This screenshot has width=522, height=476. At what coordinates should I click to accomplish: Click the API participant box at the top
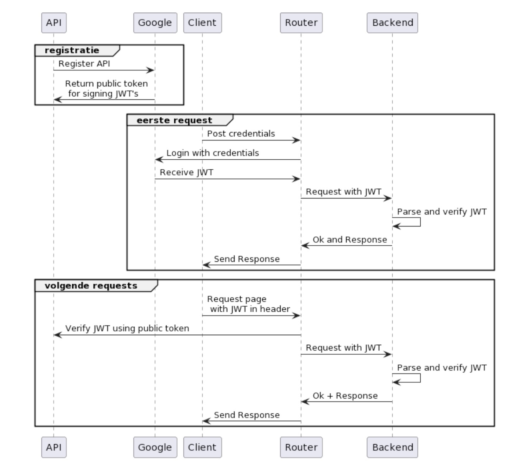[x=54, y=23]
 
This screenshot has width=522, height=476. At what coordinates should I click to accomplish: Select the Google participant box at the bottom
[x=155, y=447]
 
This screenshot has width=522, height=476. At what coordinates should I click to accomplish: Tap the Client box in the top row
[x=202, y=23]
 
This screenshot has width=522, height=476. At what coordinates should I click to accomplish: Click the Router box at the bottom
[x=301, y=447]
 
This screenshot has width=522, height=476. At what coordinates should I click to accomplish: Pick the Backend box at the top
[x=392, y=23]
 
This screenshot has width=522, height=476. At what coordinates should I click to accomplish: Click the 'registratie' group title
[x=72, y=50]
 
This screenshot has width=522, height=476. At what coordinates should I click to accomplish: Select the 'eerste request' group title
[x=174, y=120]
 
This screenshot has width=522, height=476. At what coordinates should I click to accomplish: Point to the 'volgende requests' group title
[x=91, y=286]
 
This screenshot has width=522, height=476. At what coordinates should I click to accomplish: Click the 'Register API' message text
[x=84, y=63]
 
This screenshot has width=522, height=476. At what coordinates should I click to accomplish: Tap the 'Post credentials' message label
[x=241, y=134]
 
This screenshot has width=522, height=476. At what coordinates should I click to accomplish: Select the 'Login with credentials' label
[x=213, y=153]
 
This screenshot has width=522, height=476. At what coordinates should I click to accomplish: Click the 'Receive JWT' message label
[x=186, y=172]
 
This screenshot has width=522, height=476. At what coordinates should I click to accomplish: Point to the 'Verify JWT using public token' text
[x=127, y=328]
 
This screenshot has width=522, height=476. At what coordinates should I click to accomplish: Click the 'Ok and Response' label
[x=350, y=240]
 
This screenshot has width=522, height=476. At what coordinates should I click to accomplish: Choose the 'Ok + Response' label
[x=345, y=396]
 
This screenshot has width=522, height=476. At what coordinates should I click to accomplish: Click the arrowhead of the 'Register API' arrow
[x=150, y=70]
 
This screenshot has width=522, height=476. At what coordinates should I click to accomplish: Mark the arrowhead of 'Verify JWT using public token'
[x=58, y=335]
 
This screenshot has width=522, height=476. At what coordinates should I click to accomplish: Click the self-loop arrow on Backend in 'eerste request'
[x=420, y=222]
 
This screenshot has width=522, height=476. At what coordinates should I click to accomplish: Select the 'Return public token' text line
[x=106, y=84]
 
